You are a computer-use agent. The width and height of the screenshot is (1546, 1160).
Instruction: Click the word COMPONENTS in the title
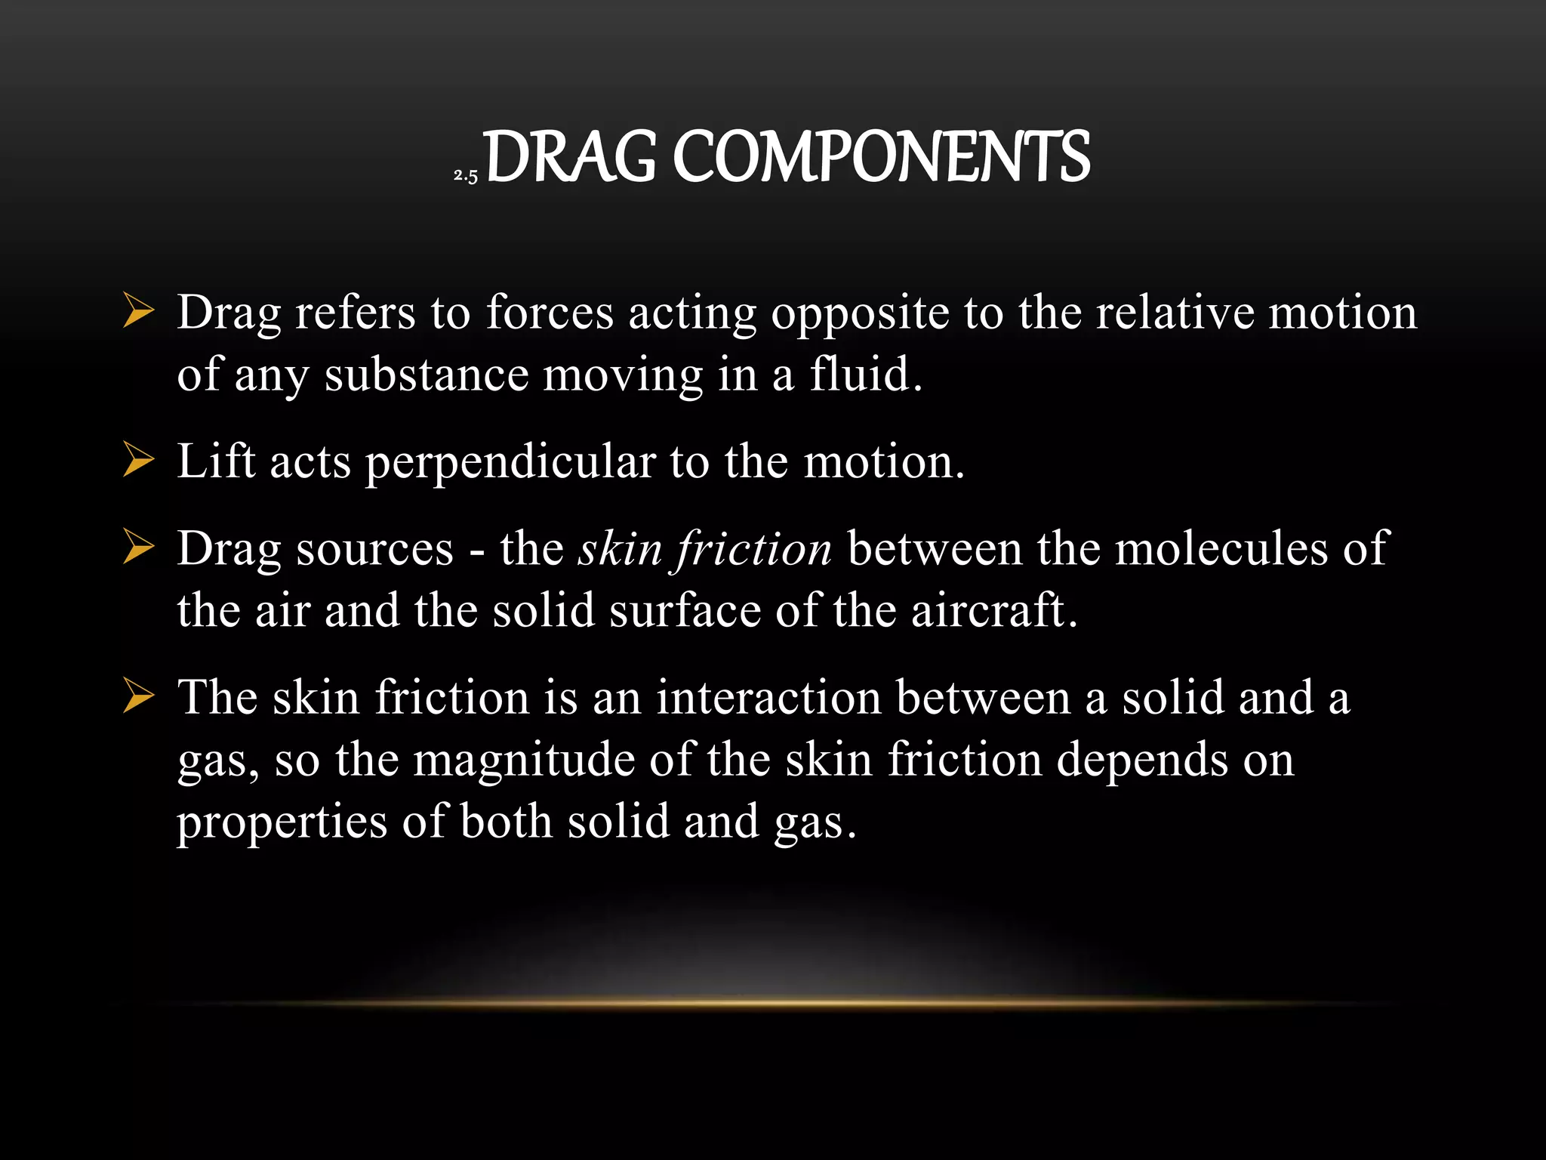[x=881, y=157]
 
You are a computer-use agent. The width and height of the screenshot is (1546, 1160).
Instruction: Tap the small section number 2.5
[x=466, y=176]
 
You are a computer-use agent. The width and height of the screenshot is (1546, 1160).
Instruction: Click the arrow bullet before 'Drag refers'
[x=138, y=311]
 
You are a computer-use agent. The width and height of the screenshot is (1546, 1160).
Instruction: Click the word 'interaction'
[x=768, y=696]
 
